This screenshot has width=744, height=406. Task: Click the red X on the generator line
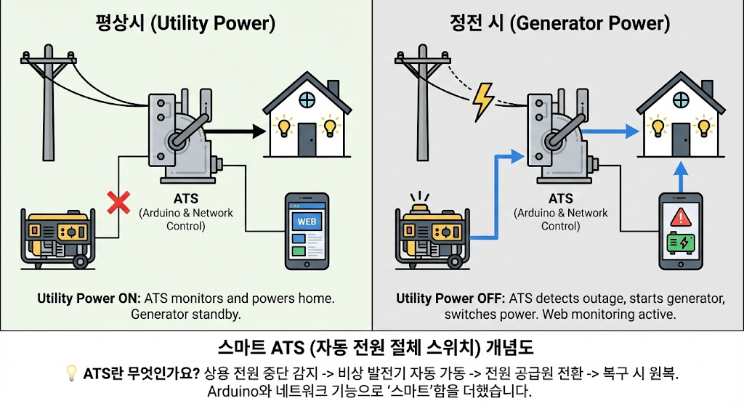click(x=118, y=203)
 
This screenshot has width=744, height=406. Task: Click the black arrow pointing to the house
click(x=235, y=131)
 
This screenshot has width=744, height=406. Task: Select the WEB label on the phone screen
click(x=307, y=222)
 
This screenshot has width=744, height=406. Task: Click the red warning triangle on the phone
click(x=681, y=217)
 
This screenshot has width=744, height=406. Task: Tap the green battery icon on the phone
click(x=681, y=243)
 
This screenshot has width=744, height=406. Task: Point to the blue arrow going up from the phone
click(x=681, y=177)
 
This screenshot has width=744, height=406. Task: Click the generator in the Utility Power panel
click(x=57, y=238)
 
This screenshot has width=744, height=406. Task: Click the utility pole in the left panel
click(x=49, y=102)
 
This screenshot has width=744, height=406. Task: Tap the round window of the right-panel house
click(x=682, y=100)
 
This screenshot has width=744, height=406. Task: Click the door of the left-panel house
click(x=307, y=140)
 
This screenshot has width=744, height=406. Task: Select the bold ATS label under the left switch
click(x=185, y=198)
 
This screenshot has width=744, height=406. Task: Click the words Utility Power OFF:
click(x=450, y=299)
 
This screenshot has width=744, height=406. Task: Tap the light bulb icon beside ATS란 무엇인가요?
click(x=71, y=373)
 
